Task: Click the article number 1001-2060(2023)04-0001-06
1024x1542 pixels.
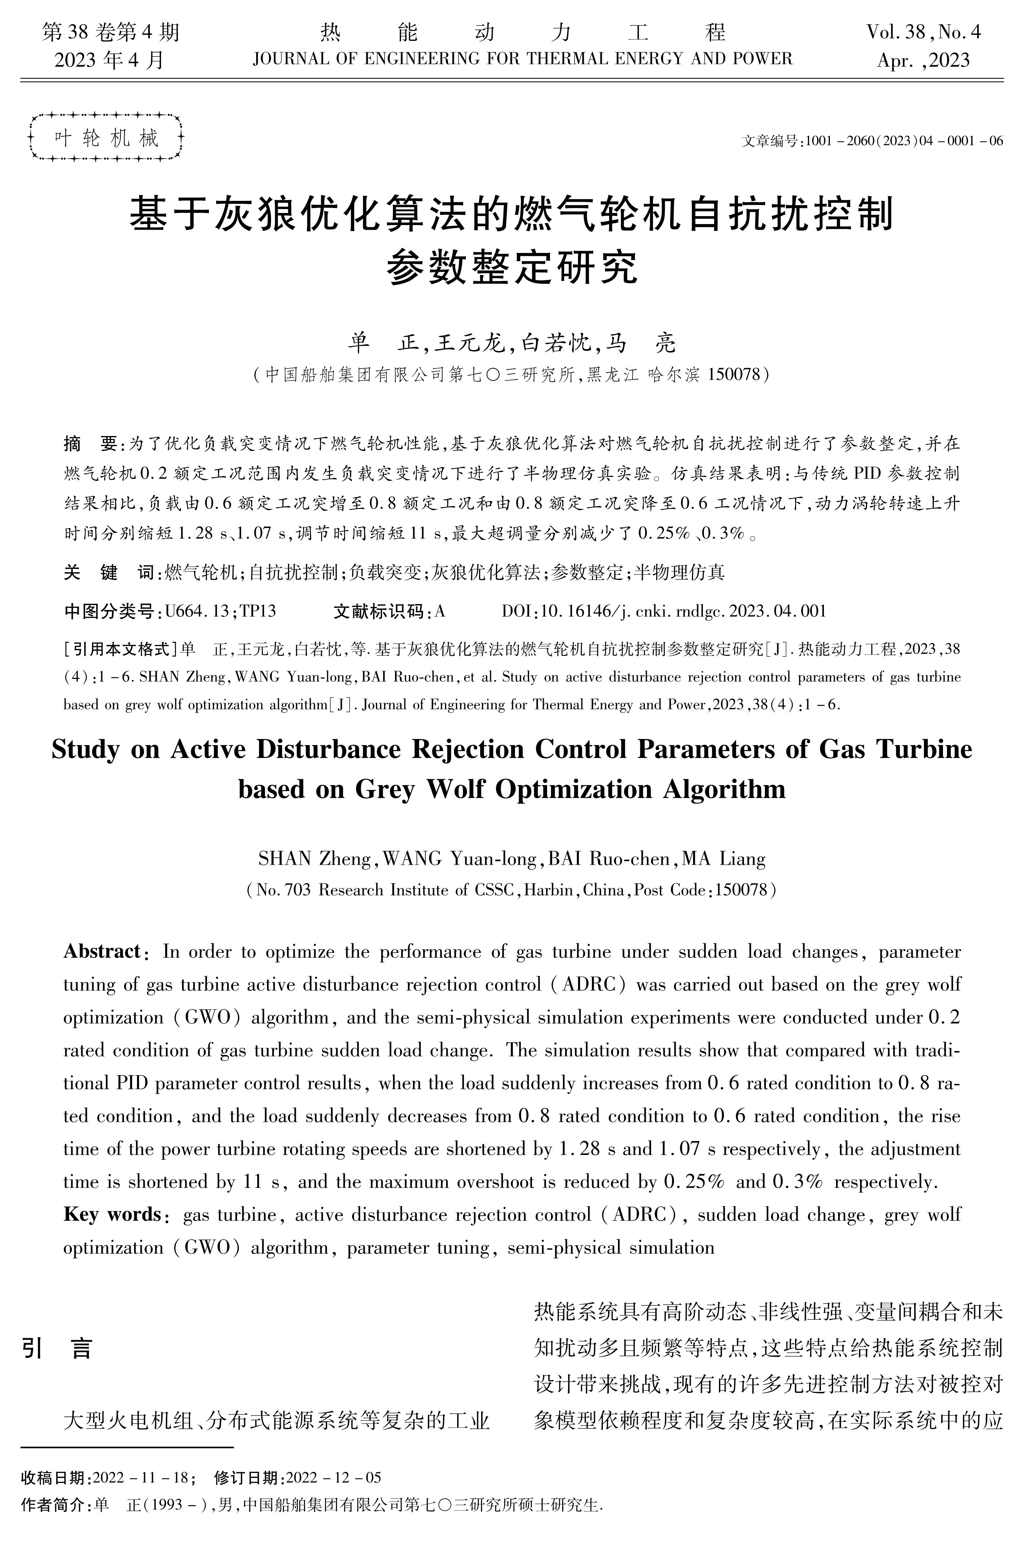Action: [905, 140]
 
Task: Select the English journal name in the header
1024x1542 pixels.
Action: [522, 59]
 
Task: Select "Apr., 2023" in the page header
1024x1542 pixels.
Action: [923, 61]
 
